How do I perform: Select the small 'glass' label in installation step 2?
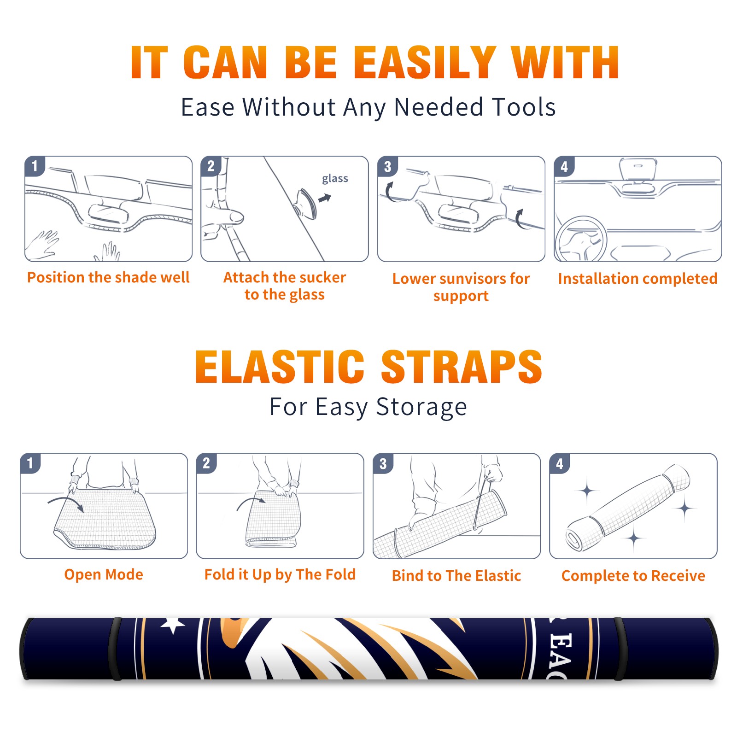click(335, 178)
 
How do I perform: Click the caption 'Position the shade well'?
click(108, 277)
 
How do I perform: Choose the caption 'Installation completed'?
click(638, 279)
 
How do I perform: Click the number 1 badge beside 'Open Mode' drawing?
click(30, 463)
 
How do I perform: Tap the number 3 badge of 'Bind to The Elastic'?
click(383, 463)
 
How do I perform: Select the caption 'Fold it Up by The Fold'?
click(280, 574)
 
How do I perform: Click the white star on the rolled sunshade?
click(173, 626)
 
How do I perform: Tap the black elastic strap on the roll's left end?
click(115, 649)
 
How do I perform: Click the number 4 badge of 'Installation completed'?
click(564, 166)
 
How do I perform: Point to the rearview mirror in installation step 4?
click(638, 169)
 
